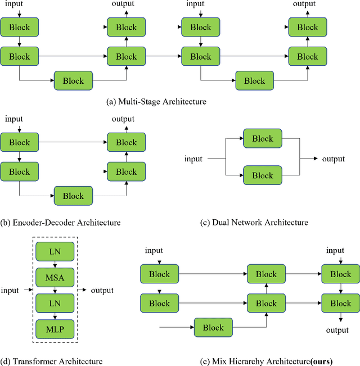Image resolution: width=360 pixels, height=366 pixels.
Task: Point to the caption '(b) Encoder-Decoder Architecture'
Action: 61,222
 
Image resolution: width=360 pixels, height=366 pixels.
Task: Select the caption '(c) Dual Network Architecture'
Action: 254,222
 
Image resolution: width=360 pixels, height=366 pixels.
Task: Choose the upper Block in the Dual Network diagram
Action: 262,139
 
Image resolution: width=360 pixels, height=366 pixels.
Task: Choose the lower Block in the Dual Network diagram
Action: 262,175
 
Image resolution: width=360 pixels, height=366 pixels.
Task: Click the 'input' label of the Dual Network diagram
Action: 193,159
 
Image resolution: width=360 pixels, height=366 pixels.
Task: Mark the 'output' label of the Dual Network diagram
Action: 333,159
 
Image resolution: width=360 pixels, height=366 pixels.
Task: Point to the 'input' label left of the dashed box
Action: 10,290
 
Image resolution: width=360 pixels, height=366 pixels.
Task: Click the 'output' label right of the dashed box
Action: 102,290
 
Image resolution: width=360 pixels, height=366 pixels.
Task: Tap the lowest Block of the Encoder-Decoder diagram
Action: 73,196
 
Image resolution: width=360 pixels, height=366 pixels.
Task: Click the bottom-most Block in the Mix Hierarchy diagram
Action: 213,328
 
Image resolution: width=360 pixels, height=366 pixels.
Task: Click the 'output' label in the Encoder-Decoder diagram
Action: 123,119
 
